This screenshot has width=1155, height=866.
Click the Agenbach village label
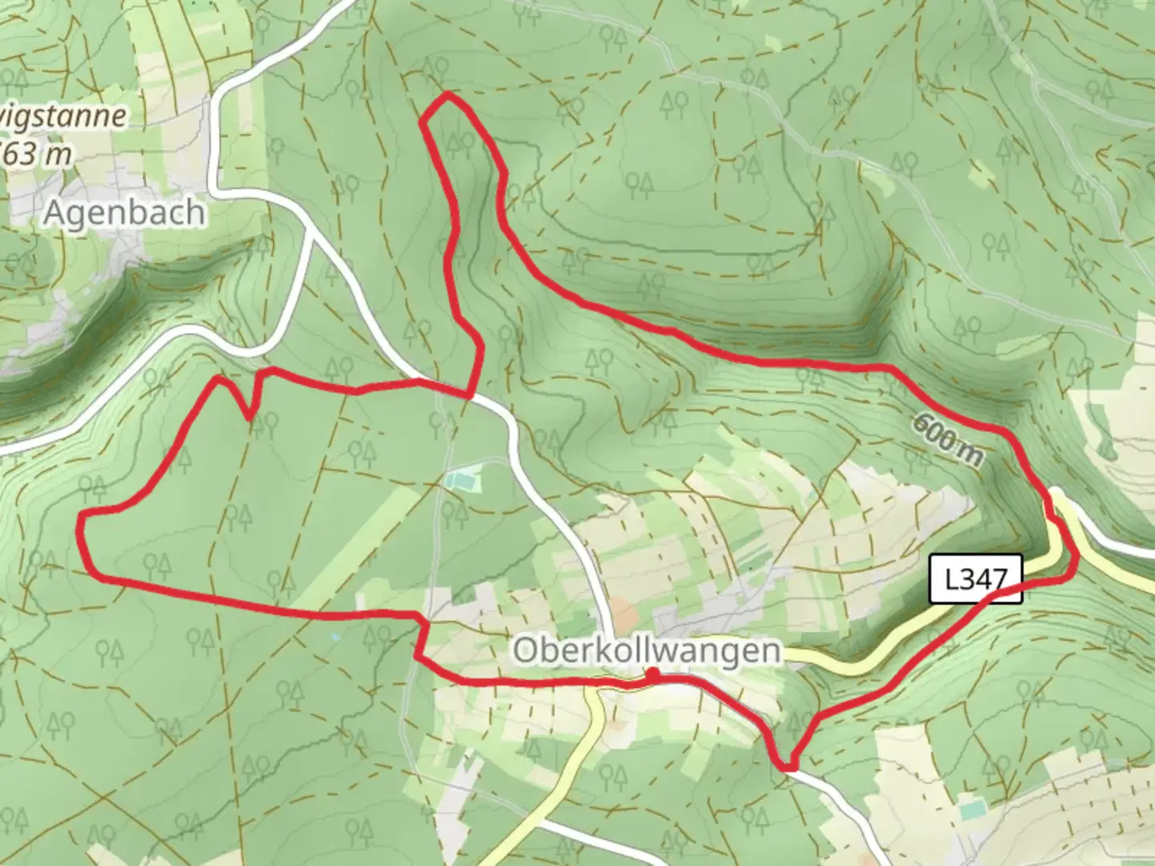click(x=124, y=213)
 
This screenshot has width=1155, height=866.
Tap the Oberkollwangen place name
click(x=646, y=650)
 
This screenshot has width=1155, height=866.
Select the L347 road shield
click(x=976, y=579)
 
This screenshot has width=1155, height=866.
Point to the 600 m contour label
click(x=946, y=442)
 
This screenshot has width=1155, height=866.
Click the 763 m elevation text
click(x=36, y=152)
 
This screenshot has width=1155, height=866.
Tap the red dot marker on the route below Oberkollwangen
click(x=654, y=676)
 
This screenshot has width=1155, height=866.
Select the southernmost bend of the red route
click(x=788, y=767)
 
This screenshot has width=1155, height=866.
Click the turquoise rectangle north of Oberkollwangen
click(x=462, y=482)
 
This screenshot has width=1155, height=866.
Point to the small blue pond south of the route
click(x=334, y=637)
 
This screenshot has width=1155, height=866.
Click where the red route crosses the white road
click(x=469, y=395)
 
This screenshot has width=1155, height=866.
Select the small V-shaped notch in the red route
click(x=250, y=415)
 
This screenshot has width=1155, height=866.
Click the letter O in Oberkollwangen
click(x=525, y=650)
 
